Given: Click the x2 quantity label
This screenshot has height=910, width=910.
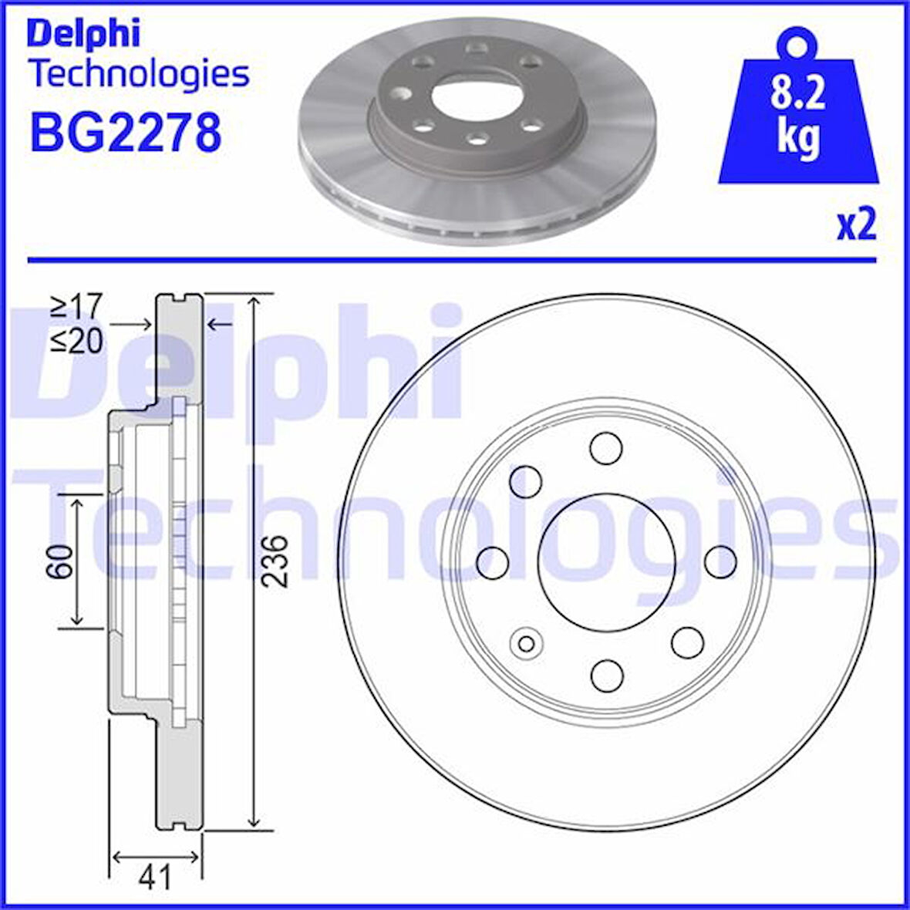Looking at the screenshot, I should [857, 224].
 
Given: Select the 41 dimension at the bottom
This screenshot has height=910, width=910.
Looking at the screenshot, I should [155, 877].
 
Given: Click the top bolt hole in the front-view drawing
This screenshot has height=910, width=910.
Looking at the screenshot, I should [606, 448].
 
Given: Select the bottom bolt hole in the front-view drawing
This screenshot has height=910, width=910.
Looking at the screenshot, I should [606, 675].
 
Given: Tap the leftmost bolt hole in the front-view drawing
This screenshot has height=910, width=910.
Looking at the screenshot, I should [493, 561].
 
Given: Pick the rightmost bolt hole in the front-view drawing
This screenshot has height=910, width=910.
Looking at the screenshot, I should [721, 561].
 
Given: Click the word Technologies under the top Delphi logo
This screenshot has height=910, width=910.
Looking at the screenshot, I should [139, 74].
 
